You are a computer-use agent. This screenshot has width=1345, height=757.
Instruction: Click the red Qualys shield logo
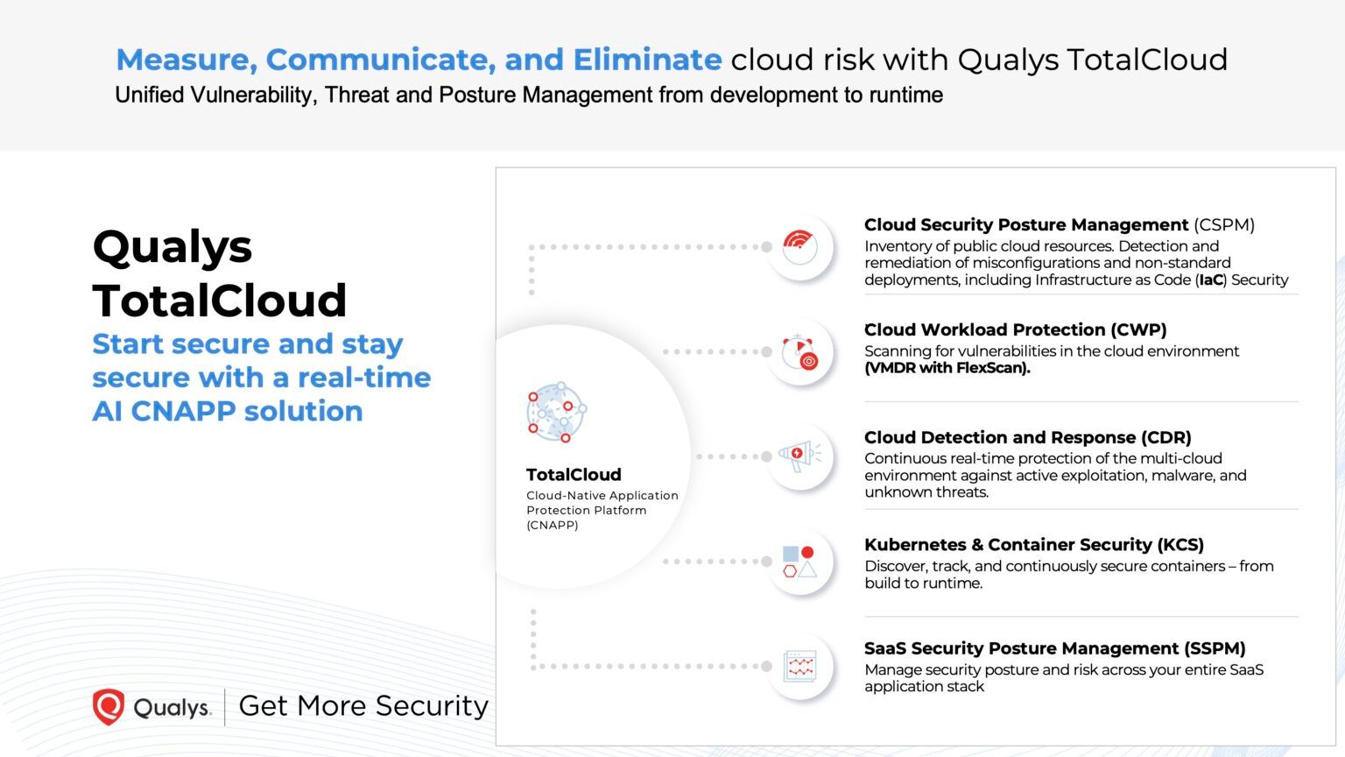pyautogui.click(x=109, y=706)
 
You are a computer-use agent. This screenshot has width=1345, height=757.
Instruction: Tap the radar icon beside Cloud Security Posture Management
pyautogui.click(x=799, y=246)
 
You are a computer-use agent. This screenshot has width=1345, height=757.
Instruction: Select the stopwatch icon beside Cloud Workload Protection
pyautogui.click(x=799, y=351)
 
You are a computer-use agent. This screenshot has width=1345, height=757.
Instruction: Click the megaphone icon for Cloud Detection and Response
pyautogui.click(x=799, y=456)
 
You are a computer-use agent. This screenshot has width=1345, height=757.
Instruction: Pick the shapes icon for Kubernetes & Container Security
pyautogui.click(x=799, y=562)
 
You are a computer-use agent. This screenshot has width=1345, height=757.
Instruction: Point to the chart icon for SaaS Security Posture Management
pyautogui.click(x=799, y=667)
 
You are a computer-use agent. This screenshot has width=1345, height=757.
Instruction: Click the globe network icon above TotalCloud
pyautogui.click(x=556, y=411)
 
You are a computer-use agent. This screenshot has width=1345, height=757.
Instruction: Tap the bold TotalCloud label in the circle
pyautogui.click(x=574, y=475)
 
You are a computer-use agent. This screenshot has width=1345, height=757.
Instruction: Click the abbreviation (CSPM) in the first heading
pyautogui.click(x=1223, y=225)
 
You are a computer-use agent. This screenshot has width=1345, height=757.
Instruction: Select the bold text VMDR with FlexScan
pyautogui.click(x=947, y=368)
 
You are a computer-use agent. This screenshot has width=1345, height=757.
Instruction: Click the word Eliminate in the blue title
pyautogui.click(x=647, y=60)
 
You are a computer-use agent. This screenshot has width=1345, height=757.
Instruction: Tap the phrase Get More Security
pyautogui.click(x=363, y=705)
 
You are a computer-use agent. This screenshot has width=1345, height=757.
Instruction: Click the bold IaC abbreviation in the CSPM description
pyautogui.click(x=1210, y=280)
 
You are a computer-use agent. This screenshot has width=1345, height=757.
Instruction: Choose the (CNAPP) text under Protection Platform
pyautogui.click(x=553, y=525)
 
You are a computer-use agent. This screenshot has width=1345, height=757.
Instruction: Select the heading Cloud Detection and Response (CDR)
pyautogui.click(x=1027, y=437)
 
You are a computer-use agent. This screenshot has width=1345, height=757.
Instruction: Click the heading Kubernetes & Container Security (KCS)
pyautogui.click(x=1034, y=545)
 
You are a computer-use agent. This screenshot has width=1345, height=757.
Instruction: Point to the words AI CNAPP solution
pyautogui.click(x=228, y=411)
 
